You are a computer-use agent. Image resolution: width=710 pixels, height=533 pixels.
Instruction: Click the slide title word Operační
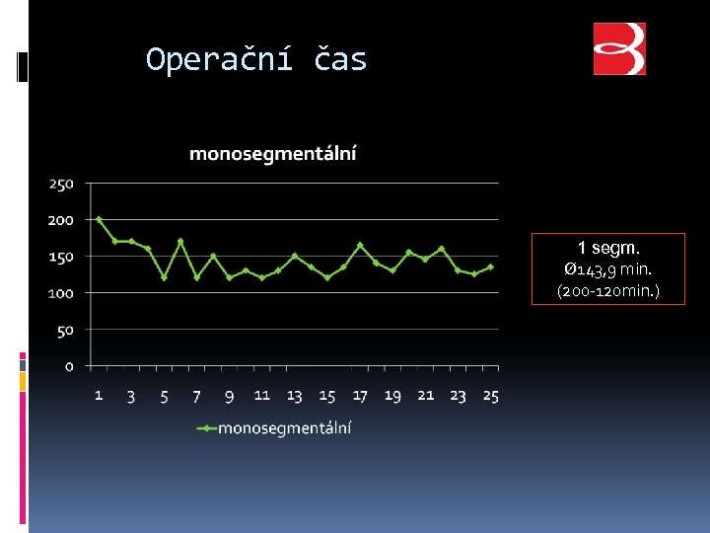click(218, 60)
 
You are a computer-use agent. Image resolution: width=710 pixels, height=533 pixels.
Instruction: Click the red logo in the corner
click(619, 49)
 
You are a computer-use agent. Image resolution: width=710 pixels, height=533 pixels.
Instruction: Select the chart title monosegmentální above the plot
click(273, 153)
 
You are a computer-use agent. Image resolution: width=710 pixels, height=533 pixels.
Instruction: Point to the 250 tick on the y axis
click(61, 184)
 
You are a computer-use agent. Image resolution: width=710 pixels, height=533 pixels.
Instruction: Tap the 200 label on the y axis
click(61, 220)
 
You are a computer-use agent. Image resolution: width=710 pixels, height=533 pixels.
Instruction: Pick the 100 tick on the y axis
click(61, 293)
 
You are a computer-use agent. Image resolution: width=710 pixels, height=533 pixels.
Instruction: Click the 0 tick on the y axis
click(69, 366)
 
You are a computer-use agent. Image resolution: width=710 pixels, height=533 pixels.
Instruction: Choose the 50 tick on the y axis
click(65, 330)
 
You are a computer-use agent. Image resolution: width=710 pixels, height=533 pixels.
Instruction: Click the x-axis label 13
click(294, 396)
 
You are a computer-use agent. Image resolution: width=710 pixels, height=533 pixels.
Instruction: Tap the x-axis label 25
click(490, 396)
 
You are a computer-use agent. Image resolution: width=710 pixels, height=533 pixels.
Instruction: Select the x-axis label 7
click(196, 396)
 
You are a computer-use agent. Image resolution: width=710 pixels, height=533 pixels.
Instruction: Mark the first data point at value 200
click(99, 219)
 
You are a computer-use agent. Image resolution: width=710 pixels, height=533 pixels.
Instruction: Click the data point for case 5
click(164, 277)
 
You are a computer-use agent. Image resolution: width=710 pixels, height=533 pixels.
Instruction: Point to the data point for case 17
click(360, 245)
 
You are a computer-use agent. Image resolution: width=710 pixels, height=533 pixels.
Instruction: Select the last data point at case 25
click(490, 266)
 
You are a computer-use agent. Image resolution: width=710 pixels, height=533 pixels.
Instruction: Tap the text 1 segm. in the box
click(607, 248)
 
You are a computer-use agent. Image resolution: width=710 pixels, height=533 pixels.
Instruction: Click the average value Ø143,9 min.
click(607, 269)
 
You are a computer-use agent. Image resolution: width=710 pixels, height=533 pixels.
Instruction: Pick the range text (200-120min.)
click(607, 291)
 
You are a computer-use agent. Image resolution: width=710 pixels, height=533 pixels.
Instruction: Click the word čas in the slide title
click(340, 60)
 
